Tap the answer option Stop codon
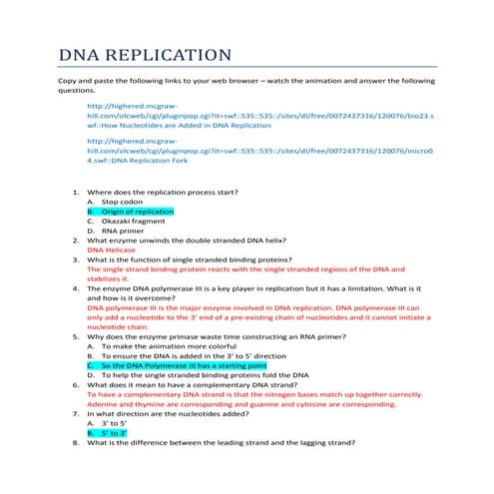pos(123,201)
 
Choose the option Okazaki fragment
pos(133,222)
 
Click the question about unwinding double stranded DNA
pos(186,241)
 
